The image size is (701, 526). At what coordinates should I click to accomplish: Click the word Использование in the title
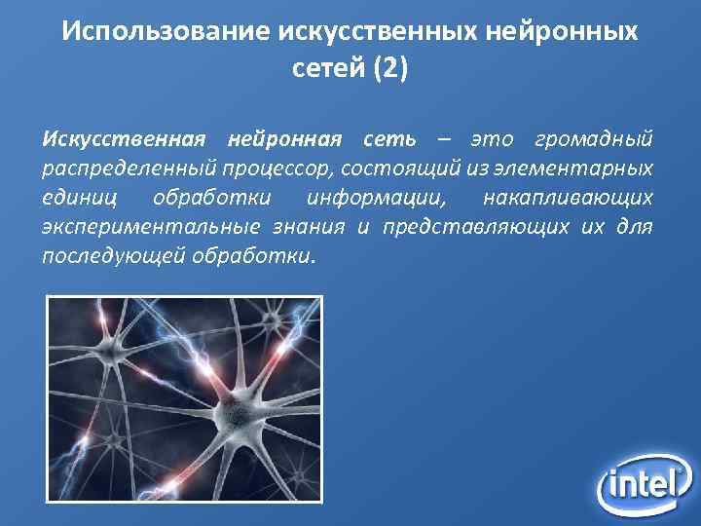click(x=165, y=32)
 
